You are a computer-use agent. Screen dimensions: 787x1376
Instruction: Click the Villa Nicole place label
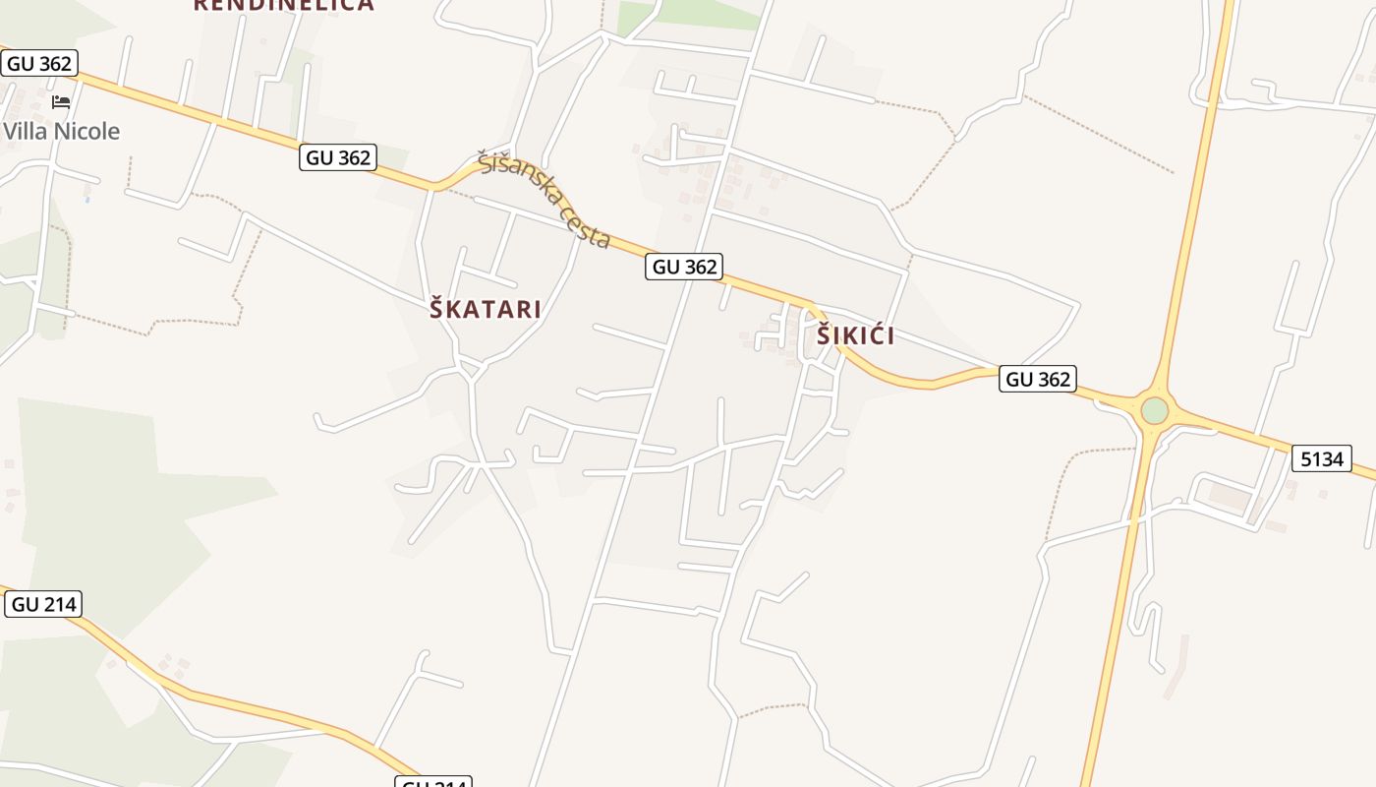[x=61, y=131]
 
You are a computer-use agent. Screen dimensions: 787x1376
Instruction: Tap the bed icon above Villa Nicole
[x=61, y=101]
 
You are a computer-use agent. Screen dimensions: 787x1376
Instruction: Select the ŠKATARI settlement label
[x=486, y=309]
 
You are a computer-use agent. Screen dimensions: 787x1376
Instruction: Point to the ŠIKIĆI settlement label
[x=855, y=335]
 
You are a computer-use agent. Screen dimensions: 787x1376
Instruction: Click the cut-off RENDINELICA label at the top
[x=283, y=5]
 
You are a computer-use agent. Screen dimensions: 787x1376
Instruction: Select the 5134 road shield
[x=1323, y=458]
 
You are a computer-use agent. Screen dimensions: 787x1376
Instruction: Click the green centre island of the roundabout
[x=1154, y=410]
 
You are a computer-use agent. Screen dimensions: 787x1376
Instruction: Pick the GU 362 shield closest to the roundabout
[x=1038, y=379]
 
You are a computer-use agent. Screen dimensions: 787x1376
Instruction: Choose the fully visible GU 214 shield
[x=43, y=604]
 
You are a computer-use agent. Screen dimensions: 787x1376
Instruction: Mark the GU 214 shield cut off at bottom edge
[x=433, y=782]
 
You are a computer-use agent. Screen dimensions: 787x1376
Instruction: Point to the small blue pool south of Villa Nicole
[x=87, y=200]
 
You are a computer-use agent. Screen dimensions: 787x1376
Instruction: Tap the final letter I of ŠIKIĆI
[x=889, y=335]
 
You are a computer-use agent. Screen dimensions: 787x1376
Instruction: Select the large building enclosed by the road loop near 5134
[x=1229, y=497]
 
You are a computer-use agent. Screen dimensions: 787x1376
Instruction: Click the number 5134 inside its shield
[x=1323, y=458]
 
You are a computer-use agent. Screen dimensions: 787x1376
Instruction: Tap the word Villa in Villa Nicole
[x=24, y=131]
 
